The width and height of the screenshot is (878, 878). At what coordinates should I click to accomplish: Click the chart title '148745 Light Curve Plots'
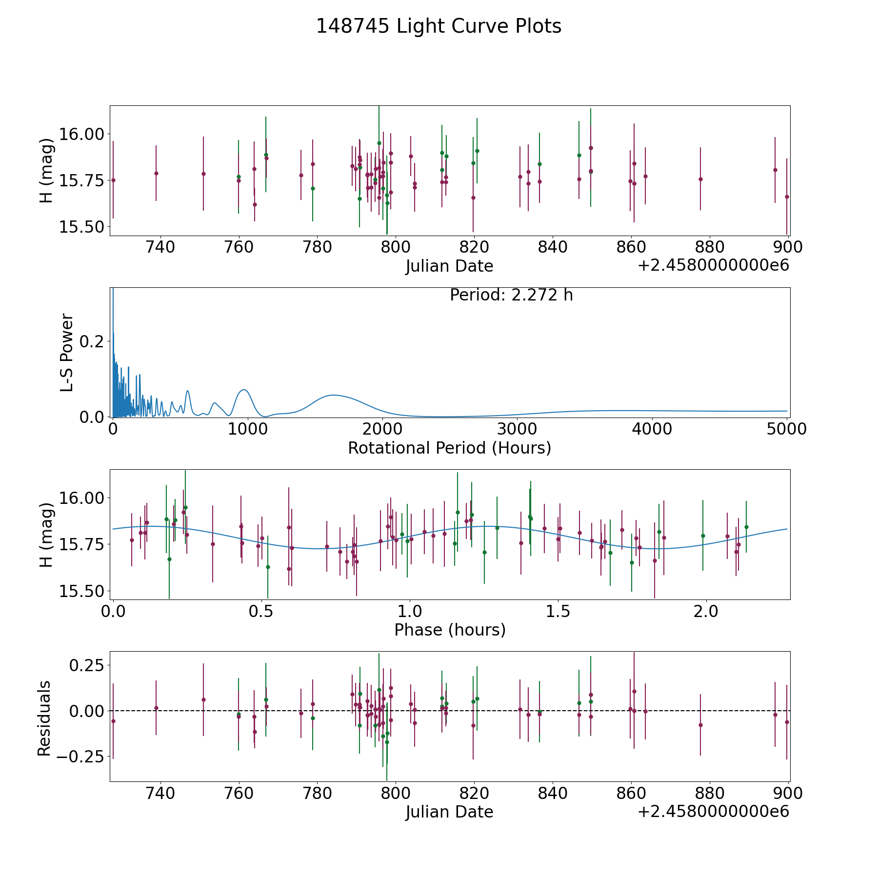pyautogui.click(x=439, y=26)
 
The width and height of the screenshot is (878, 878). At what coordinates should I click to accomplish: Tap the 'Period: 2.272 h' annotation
pyautogui.click(x=511, y=295)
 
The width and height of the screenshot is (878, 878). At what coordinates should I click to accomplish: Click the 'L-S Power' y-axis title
pyautogui.click(x=67, y=352)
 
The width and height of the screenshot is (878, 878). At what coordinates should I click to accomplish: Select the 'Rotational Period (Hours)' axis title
pyautogui.click(x=449, y=448)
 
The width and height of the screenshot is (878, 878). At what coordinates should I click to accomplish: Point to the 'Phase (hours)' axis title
pyautogui.click(x=450, y=630)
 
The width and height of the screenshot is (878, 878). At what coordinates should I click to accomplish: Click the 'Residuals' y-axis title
pyautogui.click(x=44, y=718)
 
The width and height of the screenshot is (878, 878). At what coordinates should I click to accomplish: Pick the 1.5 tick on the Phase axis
pyautogui.click(x=558, y=611)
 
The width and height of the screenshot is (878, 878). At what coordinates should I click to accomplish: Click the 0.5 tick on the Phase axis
pyautogui.click(x=262, y=611)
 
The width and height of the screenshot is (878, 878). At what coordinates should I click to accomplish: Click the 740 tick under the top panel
pyautogui.click(x=160, y=247)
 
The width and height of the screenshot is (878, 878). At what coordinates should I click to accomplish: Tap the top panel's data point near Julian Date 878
pyautogui.click(x=700, y=179)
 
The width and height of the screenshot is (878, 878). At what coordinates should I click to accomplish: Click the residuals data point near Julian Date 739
pyautogui.click(x=156, y=708)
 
